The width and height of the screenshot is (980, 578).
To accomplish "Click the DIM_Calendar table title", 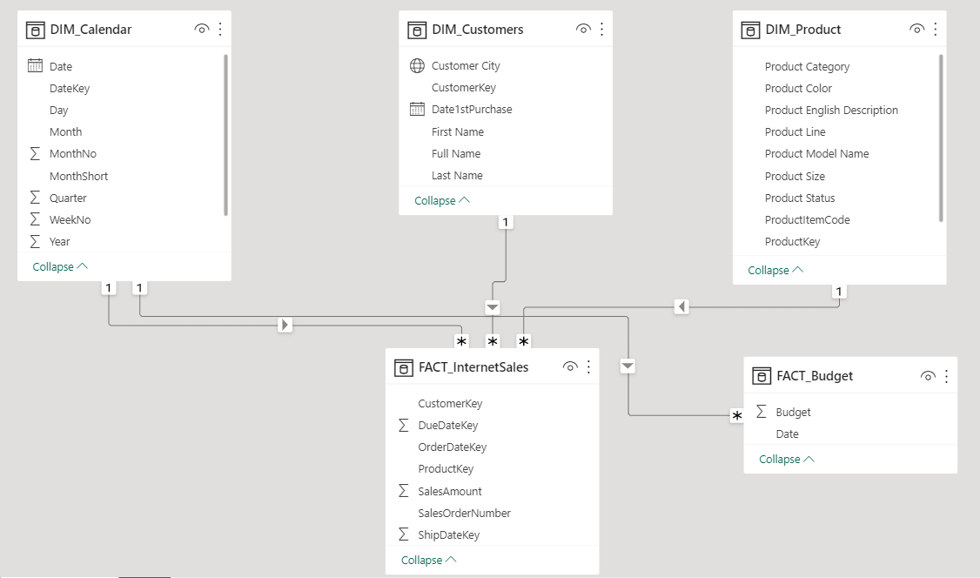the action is tap(91, 30).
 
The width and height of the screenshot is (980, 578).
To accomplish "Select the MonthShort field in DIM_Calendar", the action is tap(78, 176).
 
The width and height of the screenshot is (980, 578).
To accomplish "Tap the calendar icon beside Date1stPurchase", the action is tap(417, 110).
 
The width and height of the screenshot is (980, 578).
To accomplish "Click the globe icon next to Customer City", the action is tap(417, 66).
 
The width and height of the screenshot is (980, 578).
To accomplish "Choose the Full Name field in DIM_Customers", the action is tap(456, 154).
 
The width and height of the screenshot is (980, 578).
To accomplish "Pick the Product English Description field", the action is tap(831, 111).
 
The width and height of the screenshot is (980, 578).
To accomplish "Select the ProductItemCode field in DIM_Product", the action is tap(807, 220).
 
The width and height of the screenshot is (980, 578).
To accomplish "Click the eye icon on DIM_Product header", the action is tap(916, 30).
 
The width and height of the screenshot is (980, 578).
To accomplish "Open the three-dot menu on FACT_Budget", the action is tap(946, 376).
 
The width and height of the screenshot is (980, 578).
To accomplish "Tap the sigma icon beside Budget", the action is tap(762, 412).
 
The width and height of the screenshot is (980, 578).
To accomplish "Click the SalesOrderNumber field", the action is tap(464, 514).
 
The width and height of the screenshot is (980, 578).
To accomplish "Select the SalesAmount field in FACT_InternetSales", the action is tap(450, 492).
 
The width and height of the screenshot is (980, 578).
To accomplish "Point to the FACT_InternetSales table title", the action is tap(473, 367).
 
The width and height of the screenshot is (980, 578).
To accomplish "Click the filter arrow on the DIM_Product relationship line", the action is tap(682, 306).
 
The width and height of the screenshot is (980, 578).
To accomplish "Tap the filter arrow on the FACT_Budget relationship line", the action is tap(629, 366).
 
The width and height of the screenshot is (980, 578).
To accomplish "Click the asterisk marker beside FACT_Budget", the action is tap(737, 417).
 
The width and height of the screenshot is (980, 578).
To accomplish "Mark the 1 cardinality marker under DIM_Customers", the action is tap(507, 222).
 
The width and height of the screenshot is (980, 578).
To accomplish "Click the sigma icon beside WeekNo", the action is tap(36, 220).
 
